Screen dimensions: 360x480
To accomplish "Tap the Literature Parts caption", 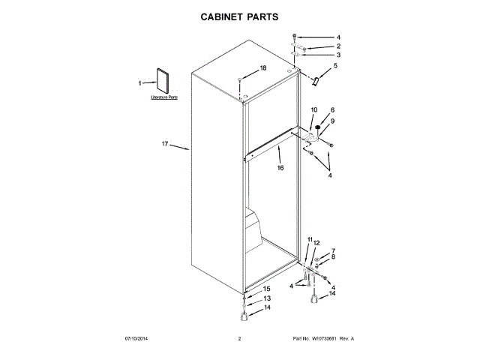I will click(164, 97).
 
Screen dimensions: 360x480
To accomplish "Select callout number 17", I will click(166, 143).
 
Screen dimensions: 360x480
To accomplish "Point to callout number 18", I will click(262, 67).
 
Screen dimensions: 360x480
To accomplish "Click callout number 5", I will click(335, 66).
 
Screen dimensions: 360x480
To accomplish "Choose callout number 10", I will click(313, 110).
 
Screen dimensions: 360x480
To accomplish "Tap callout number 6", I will click(332, 110).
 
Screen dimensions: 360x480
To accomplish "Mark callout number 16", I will click(280, 168).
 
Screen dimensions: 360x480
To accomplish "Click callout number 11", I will click(310, 239).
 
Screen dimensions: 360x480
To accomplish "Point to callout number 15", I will click(266, 289).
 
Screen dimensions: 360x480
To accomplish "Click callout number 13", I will click(266, 298).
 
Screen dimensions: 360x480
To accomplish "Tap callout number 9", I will click(332, 121).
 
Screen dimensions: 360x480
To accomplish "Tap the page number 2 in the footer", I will click(239, 339).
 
